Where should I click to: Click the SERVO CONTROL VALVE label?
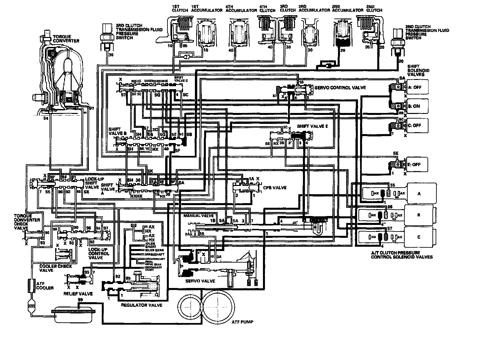coord(340,88)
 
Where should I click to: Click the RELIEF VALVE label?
coord(78,294)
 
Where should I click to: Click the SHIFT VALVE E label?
coord(312,126)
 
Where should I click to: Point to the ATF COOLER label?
coord(45,286)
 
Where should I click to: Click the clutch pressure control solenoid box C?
coord(419,237)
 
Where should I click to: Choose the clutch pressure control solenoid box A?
coord(419,194)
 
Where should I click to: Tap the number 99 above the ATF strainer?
coord(80,300)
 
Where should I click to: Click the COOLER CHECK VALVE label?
coord(55,268)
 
